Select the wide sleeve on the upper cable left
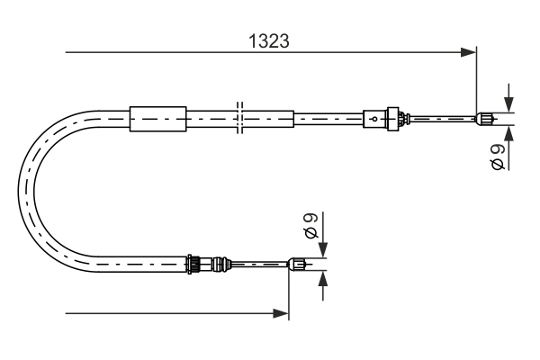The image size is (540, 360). tap(157, 117)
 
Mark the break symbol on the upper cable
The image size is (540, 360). tap(238, 117)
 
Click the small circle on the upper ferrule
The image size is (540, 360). tap(373, 117)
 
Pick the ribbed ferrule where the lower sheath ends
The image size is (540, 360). tap(192, 264)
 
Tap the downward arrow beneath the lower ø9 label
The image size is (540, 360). tap(323, 250)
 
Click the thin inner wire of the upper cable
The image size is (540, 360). tap(441, 117)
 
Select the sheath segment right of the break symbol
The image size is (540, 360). tap(268, 117)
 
